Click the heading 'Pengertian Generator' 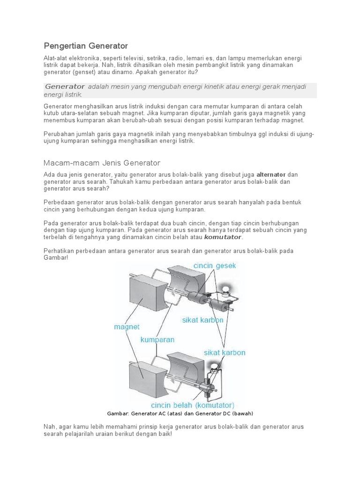click(86, 46)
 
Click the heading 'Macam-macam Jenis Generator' click(102, 163)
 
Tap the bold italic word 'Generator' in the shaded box click(65, 87)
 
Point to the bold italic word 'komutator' click(224, 237)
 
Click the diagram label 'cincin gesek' click(215, 266)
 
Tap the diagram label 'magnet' click(127, 327)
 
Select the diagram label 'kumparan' click(157, 339)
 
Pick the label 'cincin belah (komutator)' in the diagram click(193, 405)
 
